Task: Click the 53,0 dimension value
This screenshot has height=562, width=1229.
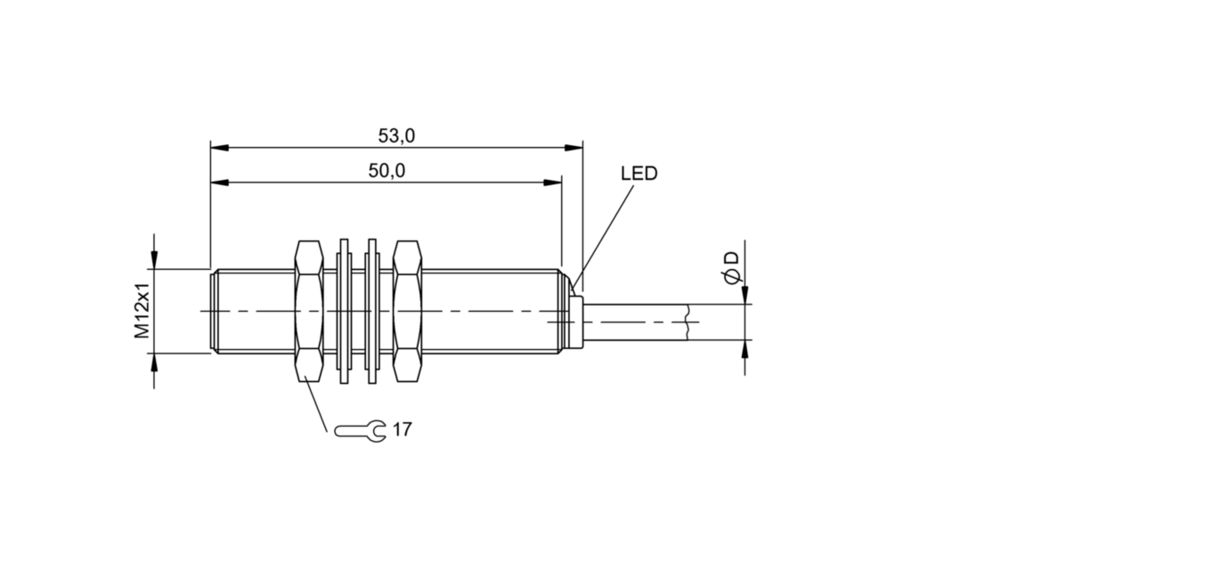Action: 396,136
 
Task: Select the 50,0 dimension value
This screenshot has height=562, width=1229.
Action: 387,171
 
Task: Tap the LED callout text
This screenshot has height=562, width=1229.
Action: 639,174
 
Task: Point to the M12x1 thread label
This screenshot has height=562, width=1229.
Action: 142,311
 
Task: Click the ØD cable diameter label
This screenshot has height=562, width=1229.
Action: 732,268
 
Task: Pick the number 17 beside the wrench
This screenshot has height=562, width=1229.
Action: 402,429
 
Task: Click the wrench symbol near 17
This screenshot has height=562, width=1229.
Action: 361,430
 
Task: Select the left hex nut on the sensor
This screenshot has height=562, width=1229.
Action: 309,311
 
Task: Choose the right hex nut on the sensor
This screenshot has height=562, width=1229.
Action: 408,311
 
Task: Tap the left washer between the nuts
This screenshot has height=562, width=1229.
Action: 344,311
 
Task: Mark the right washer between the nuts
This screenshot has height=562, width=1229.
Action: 371,311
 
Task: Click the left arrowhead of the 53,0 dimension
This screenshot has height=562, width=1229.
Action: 219,148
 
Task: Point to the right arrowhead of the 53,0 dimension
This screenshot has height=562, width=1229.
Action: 574,148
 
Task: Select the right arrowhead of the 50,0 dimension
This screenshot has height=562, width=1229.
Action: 552,183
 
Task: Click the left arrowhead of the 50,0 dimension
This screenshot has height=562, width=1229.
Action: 219,183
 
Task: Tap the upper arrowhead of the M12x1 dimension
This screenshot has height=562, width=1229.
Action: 154,260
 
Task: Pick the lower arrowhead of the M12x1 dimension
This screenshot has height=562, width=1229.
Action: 154,362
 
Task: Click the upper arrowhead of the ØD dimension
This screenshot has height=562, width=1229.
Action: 745,295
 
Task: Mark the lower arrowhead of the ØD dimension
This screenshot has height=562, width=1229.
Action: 745,349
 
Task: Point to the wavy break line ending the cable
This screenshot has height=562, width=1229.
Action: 687,322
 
